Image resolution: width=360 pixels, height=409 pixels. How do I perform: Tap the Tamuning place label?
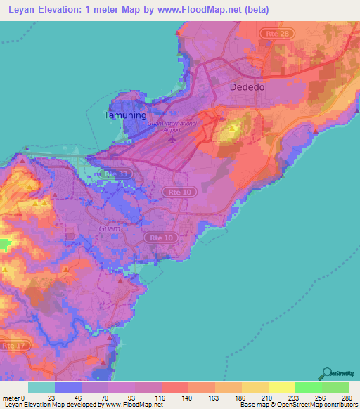point(125,115)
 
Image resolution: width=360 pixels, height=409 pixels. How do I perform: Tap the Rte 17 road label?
point(12,346)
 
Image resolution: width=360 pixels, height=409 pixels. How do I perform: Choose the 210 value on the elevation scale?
point(268,397)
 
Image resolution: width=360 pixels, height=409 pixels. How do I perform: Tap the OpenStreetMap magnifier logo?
point(326,373)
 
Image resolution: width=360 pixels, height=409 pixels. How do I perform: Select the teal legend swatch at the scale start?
point(41,387)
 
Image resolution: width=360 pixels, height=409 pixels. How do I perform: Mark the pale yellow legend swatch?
point(281,387)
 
